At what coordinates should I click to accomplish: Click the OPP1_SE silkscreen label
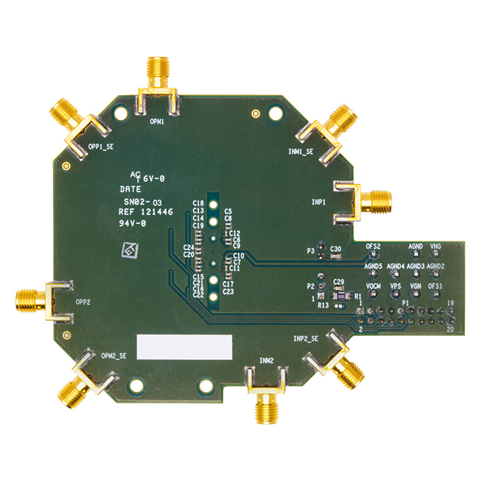tap(101, 147)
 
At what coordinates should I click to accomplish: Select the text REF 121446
tap(146, 212)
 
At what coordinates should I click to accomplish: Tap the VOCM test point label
tap(373, 286)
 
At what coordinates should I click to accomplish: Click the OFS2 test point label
tap(373, 246)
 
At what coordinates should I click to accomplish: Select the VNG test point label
tap(436, 246)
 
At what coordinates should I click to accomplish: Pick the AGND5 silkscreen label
tap(373, 266)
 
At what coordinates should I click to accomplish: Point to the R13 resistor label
tap(323, 305)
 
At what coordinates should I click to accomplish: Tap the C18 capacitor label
tap(199, 203)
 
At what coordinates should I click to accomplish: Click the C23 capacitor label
tap(229, 292)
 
